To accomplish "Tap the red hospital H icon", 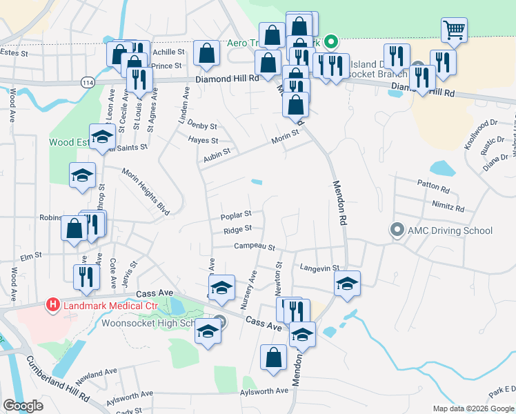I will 52,304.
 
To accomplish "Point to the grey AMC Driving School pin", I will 397,230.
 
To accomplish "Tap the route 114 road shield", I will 88,82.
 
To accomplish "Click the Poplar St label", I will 236,215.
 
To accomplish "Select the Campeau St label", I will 254,246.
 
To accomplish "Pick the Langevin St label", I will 320,268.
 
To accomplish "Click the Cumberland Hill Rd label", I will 58,379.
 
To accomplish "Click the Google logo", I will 23,406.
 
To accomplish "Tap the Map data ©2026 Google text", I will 473,408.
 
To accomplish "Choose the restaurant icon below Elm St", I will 86,276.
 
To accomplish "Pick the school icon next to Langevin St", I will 348,283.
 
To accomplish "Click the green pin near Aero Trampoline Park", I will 331,42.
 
